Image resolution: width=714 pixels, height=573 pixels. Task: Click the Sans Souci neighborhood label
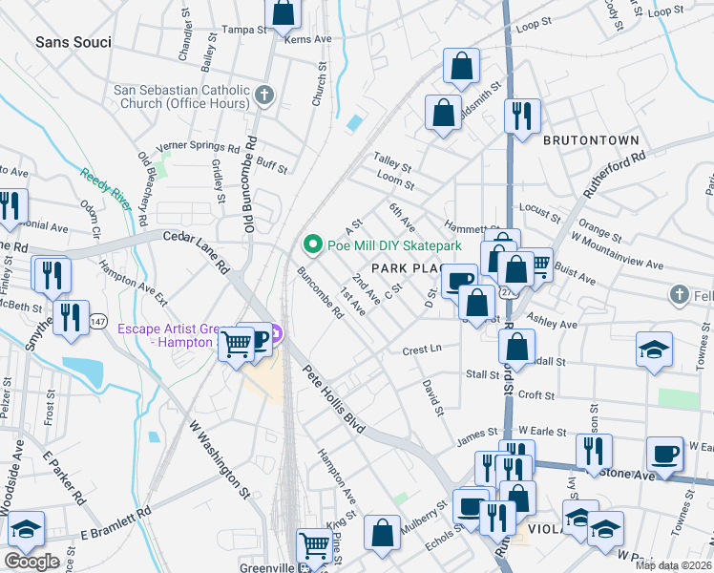(73, 43)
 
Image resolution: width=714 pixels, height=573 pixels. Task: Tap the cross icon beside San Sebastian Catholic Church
(264, 95)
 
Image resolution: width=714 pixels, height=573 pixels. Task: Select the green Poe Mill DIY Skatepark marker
(311, 245)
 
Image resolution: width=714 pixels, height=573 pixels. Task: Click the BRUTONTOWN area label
(590, 140)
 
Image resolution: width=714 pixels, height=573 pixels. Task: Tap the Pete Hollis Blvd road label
(335, 400)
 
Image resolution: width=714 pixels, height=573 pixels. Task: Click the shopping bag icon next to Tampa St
(283, 14)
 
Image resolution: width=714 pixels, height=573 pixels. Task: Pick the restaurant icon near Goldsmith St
(522, 116)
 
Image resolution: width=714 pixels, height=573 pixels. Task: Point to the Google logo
(31, 562)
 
